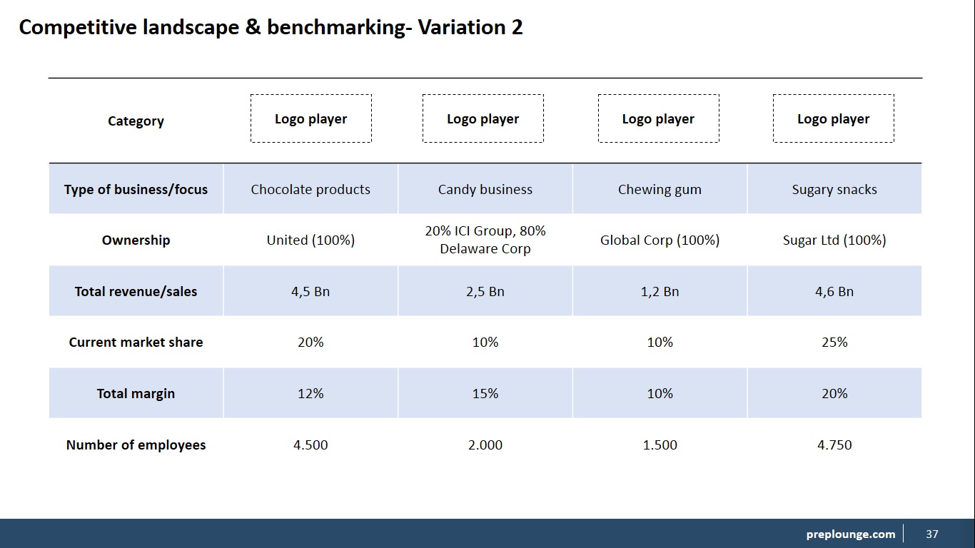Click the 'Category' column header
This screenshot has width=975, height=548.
tap(136, 121)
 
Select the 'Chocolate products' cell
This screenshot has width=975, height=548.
tap(310, 189)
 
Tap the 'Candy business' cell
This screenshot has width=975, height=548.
tap(485, 189)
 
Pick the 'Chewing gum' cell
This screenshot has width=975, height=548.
tap(660, 190)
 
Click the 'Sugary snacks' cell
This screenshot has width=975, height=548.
tap(834, 190)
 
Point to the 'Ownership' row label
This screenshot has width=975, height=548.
tap(136, 240)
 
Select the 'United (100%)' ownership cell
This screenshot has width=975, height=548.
tap(310, 240)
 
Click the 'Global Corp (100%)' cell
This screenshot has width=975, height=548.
tap(660, 240)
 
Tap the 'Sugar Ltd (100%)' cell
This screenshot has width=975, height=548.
tap(834, 240)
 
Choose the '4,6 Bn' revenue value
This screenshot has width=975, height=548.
tap(834, 292)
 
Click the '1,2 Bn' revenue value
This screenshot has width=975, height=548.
tap(660, 292)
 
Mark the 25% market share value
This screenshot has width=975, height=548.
tap(834, 342)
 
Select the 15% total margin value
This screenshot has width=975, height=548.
tap(485, 393)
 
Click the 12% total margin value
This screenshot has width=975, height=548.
tap(310, 393)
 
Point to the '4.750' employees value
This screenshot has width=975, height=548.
tap(834, 445)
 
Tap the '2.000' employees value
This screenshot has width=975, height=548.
tap(485, 445)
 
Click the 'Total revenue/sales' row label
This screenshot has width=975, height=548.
tap(136, 292)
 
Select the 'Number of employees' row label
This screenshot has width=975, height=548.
tap(136, 445)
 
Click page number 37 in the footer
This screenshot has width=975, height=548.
tap(932, 534)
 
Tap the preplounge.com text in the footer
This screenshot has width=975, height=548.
tap(851, 534)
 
